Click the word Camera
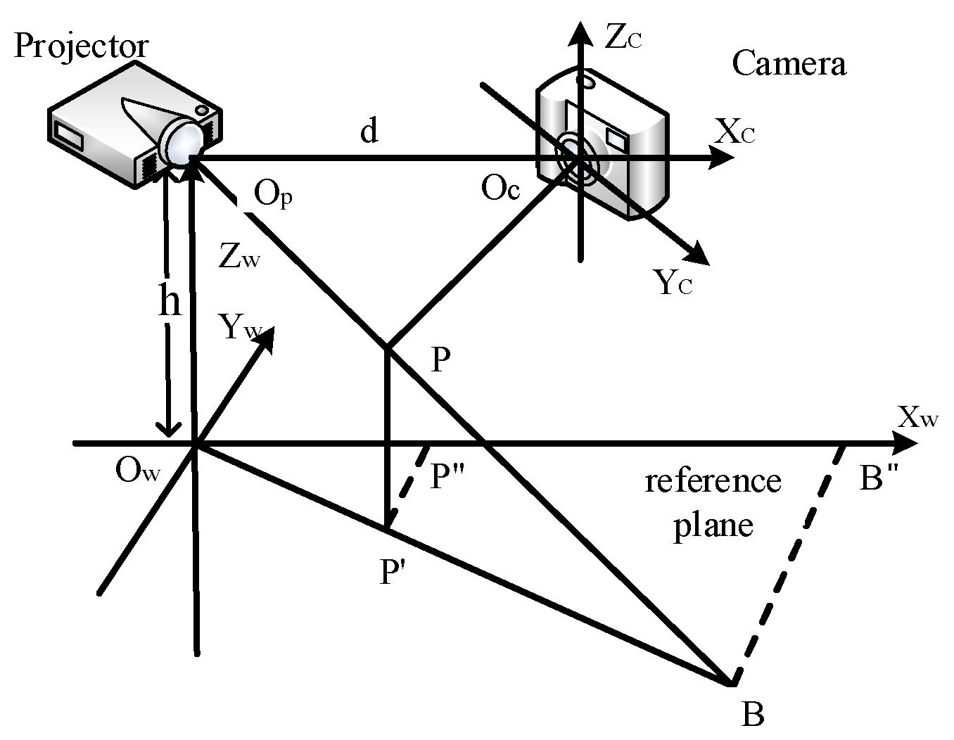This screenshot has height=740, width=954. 789,63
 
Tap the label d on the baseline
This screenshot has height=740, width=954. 369,131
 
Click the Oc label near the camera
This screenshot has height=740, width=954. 500,189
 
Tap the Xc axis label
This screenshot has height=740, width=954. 735,132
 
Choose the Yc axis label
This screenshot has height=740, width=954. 673,283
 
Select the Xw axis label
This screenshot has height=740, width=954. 918,419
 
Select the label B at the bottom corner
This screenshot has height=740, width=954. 752,715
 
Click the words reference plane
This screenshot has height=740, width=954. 713,502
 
